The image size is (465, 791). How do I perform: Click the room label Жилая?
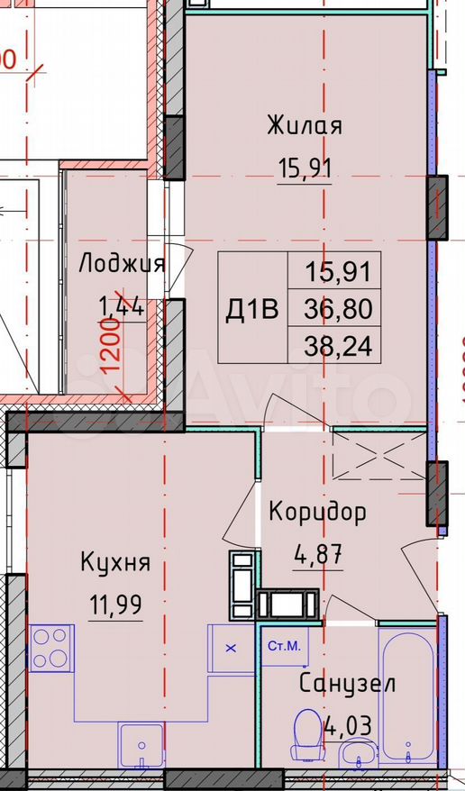304,125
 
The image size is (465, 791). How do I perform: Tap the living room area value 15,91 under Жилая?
304,168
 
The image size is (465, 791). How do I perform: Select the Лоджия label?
122,263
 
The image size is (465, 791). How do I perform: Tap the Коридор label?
318,513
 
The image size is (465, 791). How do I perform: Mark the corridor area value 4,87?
318,552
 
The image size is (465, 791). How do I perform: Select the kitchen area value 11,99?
114,603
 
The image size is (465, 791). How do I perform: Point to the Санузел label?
346,682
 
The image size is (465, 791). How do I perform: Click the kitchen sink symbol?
139,743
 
